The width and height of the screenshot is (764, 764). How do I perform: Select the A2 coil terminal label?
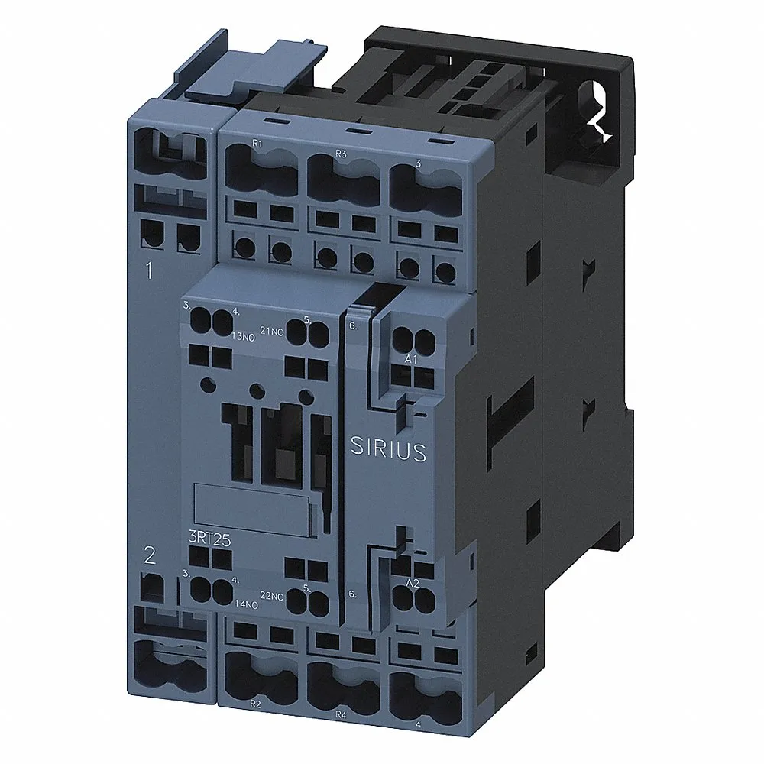[x=413, y=584]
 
